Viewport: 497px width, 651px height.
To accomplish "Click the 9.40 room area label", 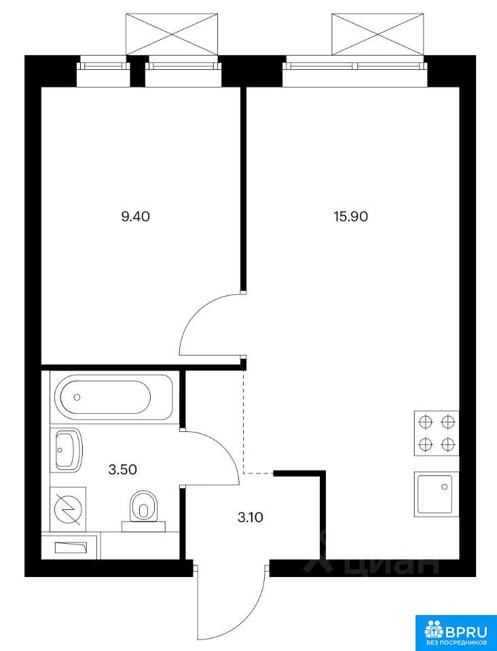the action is click(135, 216).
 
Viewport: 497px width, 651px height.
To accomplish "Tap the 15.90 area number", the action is click(351, 216).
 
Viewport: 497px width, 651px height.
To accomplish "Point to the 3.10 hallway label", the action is click(250, 517).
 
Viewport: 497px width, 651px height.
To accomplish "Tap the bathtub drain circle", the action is click(77, 397).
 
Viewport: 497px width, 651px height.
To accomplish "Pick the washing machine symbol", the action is click(68, 509).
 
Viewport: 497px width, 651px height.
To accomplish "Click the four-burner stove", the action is click(436, 433).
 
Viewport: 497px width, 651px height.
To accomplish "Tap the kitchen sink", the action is click(436, 494).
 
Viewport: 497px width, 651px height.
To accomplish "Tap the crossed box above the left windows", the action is click(172, 34).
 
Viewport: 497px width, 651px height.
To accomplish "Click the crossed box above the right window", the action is click(378, 34).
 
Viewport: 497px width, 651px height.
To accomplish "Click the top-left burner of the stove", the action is click(424, 422).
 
